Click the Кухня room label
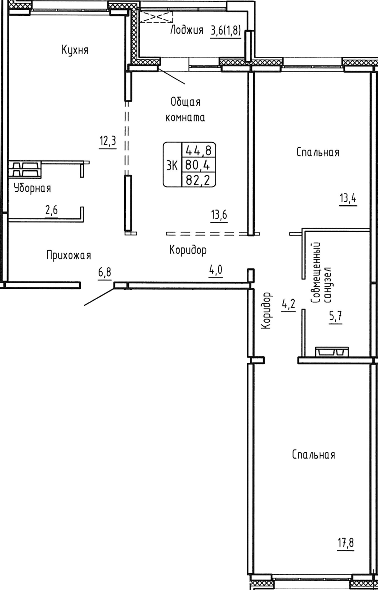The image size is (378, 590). pyautogui.click(x=75, y=50)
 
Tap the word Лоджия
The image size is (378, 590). pyautogui.click(x=187, y=31)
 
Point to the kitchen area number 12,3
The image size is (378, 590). pyautogui.click(x=107, y=141)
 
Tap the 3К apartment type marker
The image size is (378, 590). pyautogui.click(x=172, y=165)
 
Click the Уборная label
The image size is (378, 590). pyautogui.click(x=32, y=188)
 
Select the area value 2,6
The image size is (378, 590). pyautogui.click(x=52, y=211)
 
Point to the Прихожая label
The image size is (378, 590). pyautogui.click(x=69, y=255)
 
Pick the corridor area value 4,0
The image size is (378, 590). pyautogui.click(x=215, y=272)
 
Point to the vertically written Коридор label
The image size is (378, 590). pyautogui.click(x=266, y=310)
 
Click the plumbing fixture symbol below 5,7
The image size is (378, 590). pyautogui.click(x=332, y=352)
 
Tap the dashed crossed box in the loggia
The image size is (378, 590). pyautogui.click(x=156, y=17)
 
